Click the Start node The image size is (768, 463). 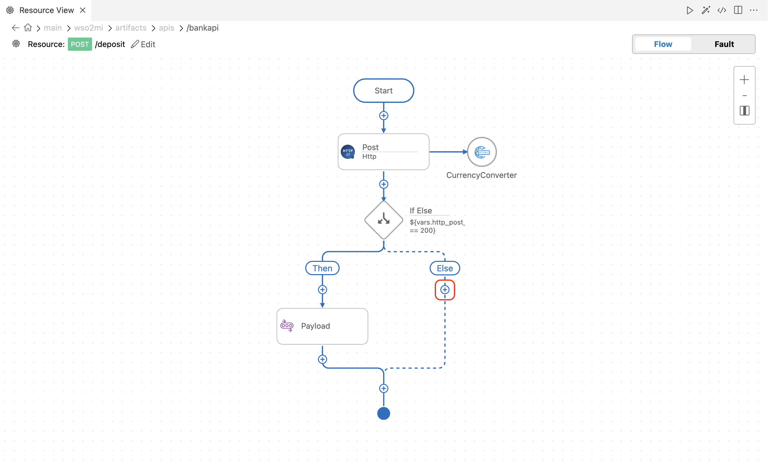[383, 90]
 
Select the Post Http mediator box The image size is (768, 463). [383, 152]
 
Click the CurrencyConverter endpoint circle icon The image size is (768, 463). [482, 152]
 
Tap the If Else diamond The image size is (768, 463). [384, 220]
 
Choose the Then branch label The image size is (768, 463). [322, 268]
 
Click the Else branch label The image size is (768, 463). [445, 268]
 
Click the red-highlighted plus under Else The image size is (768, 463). [445, 290]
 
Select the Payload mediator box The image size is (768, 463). [322, 326]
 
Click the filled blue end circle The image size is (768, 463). [384, 413]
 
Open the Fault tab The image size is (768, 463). [724, 44]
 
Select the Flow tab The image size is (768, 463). [663, 44]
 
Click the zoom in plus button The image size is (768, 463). [744, 80]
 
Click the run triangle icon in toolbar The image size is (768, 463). [690, 10]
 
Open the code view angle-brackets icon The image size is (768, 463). [722, 10]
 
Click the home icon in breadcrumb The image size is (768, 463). [28, 28]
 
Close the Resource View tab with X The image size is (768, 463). [83, 10]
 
